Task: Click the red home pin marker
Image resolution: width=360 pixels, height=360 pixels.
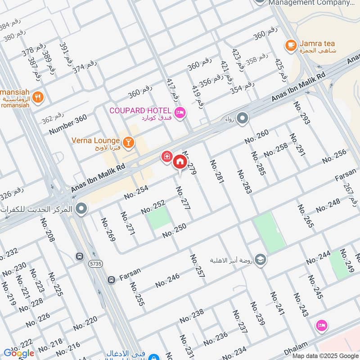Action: pyautogui.click(x=180, y=162)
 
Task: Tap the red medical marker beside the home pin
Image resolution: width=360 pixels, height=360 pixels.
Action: pyautogui.click(x=167, y=156)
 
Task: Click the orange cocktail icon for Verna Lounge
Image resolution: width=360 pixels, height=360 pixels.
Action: pyautogui.click(x=129, y=142)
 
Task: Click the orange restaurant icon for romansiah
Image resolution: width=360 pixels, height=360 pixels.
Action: pyautogui.click(x=39, y=97)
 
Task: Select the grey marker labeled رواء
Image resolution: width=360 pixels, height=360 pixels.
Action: pyautogui.click(x=243, y=119)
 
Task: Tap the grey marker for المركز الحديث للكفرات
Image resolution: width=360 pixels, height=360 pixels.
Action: pyautogui.click(x=81, y=208)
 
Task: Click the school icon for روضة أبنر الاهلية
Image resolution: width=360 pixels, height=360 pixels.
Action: pyautogui.click(x=260, y=260)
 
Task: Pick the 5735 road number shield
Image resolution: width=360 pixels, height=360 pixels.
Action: pyautogui.click(x=94, y=262)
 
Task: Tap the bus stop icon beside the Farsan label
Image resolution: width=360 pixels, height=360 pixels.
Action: pyautogui.click(x=111, y=280)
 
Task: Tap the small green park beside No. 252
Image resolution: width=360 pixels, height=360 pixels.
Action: pyautogui.click(x=158, y=218)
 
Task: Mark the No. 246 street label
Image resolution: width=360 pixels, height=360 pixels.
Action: pyautogui.click(x=167, y=280)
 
